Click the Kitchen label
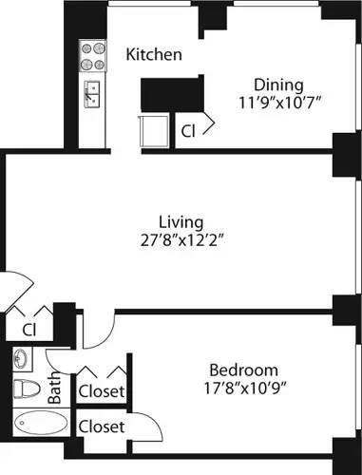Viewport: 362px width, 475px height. (154, 54)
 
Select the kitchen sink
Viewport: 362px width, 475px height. (92, 93)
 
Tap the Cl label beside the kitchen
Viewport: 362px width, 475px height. (190, 132)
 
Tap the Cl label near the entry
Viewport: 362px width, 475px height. (29, 330)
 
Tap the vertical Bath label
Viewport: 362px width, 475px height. (54, 389)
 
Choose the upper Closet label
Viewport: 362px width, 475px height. (102, 390)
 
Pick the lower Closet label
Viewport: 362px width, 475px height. (102, 427)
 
